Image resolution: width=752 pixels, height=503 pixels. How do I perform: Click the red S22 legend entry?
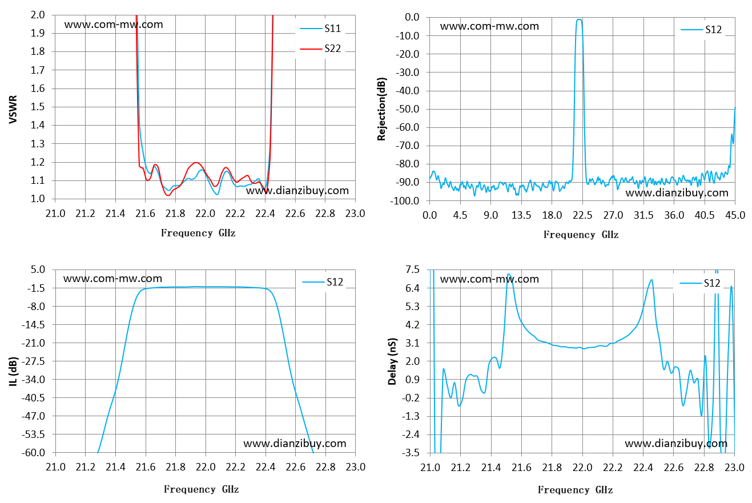320,49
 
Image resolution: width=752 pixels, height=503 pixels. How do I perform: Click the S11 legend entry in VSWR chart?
320,29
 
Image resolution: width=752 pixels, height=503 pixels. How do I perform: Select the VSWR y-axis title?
13,110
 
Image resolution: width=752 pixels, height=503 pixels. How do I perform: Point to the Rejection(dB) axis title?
381,109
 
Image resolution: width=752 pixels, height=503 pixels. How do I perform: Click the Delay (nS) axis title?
392,361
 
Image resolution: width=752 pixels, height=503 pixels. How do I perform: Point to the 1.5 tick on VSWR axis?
38,107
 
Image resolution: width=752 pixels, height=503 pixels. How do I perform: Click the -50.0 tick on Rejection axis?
407,109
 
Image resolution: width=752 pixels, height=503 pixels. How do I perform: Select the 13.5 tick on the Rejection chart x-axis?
521,215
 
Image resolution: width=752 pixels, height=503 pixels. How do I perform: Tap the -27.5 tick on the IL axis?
33,361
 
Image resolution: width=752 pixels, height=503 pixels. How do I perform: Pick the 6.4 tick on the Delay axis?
413,288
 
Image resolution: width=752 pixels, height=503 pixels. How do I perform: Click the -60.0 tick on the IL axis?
33,453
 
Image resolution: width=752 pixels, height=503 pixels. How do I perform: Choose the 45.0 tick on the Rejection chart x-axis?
735,215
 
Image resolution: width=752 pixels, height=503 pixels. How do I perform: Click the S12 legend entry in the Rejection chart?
701,30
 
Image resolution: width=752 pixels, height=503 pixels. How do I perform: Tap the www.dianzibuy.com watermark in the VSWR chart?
297,191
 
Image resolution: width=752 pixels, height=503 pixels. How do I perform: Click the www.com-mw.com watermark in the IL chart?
112,279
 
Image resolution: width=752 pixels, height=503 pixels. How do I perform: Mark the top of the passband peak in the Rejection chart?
579,19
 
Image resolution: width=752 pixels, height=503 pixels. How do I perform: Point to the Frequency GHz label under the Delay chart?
575,489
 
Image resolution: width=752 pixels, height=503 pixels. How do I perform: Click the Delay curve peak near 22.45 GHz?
652,280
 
